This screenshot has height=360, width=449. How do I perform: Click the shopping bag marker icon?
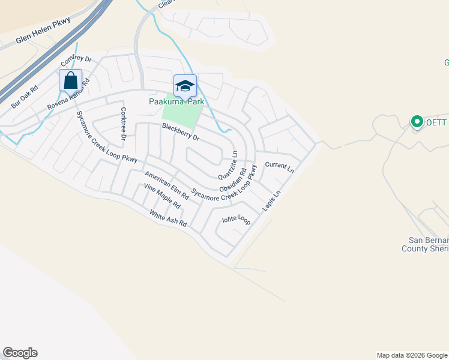(70, 80)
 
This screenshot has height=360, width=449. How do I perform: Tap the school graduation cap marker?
(185, 85)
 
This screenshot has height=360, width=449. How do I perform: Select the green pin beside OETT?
(417, 122)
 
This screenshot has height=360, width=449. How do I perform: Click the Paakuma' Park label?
(176, 101)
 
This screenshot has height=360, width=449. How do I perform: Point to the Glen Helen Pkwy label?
(43, 31)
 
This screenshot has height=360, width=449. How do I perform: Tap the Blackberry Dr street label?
(180, 131)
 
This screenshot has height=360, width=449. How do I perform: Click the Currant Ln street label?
(279, 167)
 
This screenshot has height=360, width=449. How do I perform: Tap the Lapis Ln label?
(271, 201)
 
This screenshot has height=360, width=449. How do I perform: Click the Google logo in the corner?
(20, 353)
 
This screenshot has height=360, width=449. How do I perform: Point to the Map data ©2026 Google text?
(412, 355)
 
